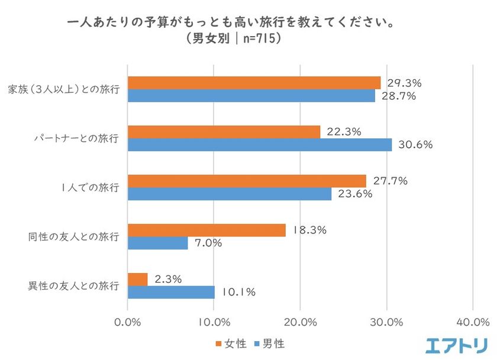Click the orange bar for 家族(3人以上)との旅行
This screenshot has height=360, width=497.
pos(254,83)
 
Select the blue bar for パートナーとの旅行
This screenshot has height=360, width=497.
pos(260,145)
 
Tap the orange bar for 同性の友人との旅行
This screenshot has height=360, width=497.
pos(207,230)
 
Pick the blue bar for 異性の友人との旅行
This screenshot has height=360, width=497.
pos(172,292)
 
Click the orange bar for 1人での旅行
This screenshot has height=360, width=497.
pos(247,181)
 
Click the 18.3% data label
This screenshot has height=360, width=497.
pos(309,230)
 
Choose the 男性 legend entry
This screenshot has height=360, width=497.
pos(272,342)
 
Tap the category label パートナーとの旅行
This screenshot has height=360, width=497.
pos(76,139)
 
